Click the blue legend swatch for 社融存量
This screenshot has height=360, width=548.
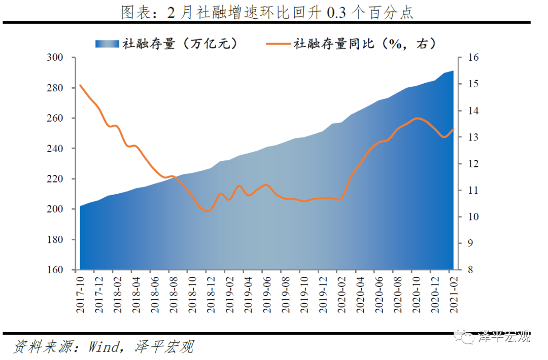point(107,44)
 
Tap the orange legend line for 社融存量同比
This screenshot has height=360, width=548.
point(278,44)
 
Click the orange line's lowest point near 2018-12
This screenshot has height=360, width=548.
point(207,210)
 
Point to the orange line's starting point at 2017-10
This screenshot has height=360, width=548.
point(81,85)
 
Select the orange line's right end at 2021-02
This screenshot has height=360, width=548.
point(453,129)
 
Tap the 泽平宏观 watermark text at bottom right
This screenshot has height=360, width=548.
point(504,336)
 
